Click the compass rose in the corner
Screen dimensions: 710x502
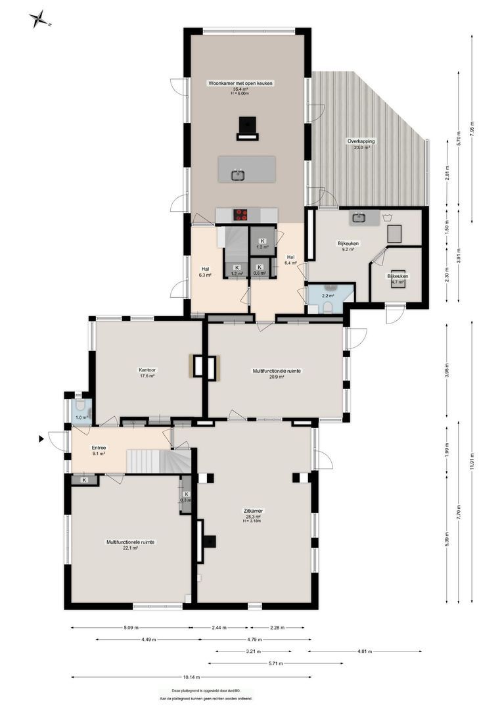(40, 20)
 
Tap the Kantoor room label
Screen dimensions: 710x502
(147, 370)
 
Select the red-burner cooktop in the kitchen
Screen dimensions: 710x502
(241, 214)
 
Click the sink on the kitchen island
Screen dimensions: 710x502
(238, 174)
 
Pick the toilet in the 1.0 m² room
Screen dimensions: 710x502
(81, 406)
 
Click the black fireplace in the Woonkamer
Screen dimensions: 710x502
(246, 126)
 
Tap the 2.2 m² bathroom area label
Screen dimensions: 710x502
(327, 296)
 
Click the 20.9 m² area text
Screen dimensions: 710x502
(277, 377)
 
